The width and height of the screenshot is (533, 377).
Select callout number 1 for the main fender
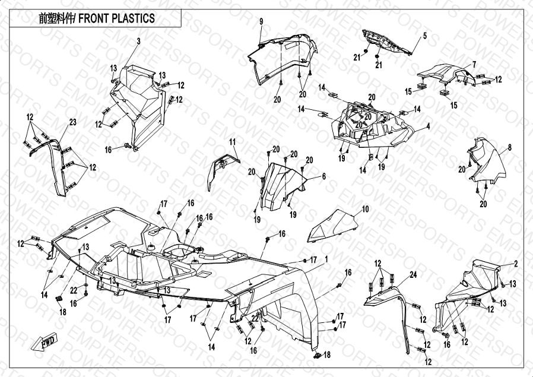pos(326,259)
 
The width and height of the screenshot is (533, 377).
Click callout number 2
pos(516,263)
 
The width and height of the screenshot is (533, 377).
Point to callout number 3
pos(138,41)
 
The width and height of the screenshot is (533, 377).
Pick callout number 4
pos(428,126)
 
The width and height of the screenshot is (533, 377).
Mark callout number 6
pos(324,176)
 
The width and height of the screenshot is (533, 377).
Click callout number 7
pos(474,64)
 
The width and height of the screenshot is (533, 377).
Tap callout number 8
pos(509,147)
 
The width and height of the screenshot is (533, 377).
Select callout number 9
pos(261,21)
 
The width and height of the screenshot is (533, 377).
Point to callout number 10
pos(365,209)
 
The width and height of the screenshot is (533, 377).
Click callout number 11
pos(233,141)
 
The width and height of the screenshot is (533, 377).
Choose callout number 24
pos(413,275)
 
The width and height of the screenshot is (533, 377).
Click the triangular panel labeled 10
pos(332,227)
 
